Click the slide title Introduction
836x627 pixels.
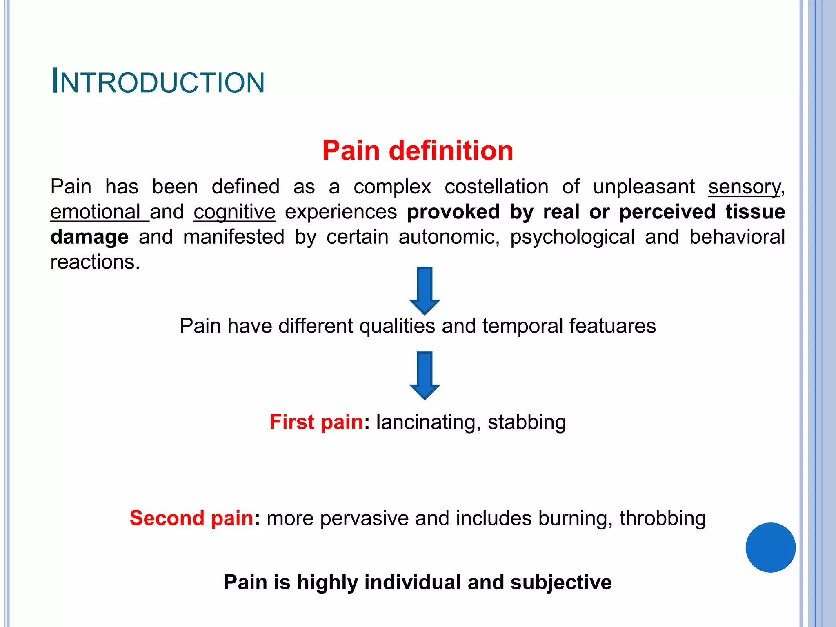click(x=158, y=82)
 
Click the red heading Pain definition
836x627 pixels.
click(x=418, y=150)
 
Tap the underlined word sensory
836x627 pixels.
click(x=744, y=187)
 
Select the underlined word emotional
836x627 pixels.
click(x=96, y=212)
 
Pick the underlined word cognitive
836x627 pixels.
click(x=235, y=212)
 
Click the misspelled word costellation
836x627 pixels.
click(x=496, y=187)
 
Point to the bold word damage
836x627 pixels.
click(x=89, y=237)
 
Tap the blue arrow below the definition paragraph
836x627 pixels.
click(x=425, y=290)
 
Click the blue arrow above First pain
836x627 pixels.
click(x=425, y=375)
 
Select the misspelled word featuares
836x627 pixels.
click(x=612, y=326)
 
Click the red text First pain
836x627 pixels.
click(x=316, y=422)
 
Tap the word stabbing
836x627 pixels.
click(x=527, y=422)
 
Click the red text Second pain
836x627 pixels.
click(x=191, y=518)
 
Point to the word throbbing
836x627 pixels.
click(x=663, y=518)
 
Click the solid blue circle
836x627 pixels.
click(x=770, y=547)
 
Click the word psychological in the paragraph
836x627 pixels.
click(x=572, y=237)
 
